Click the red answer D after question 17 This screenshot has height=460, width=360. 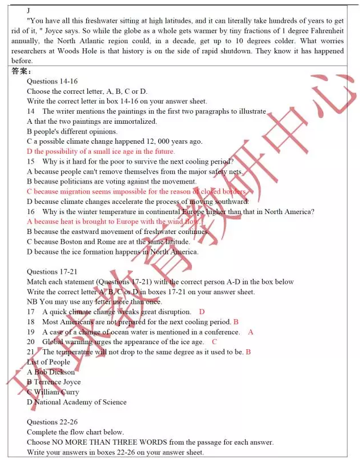pos(202,312)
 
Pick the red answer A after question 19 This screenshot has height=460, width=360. pos(251,332)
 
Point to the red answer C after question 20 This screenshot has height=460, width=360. pos(215,342)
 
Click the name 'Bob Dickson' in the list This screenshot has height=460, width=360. pos(54,372)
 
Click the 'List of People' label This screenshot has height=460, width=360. pos(48,362)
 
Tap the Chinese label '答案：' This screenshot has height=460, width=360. pos(22,72)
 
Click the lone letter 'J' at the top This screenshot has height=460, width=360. pos(28,11)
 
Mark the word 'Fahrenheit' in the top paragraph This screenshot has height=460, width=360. pos(325,31)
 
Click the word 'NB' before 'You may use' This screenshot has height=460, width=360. pos(32,302)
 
